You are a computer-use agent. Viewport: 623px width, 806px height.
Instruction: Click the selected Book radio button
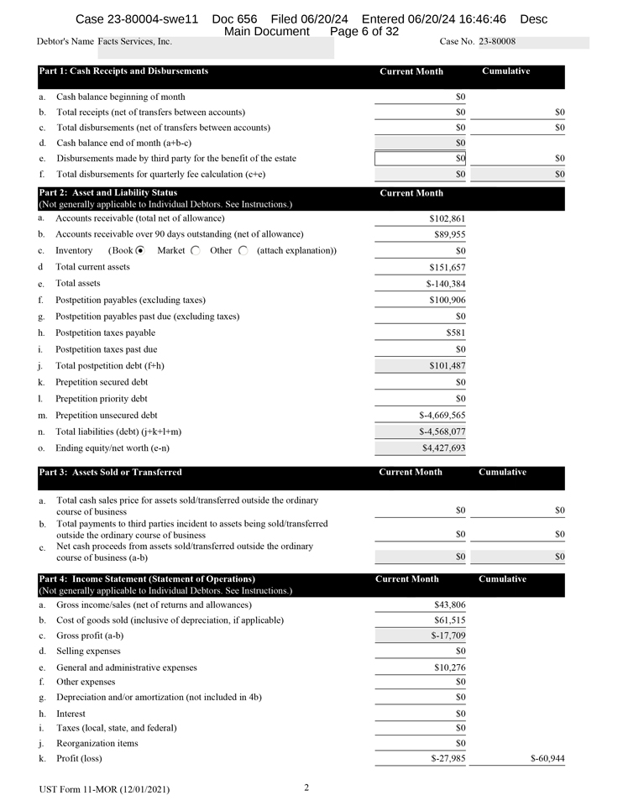tap(140, 250)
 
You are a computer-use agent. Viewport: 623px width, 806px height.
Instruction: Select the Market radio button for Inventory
tap(195, 250)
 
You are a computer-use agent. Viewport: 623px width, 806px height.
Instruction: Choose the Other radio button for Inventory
tap(243, 250)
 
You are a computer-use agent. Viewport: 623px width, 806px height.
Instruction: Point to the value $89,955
tap(450, 234)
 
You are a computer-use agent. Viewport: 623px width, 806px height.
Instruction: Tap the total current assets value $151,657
tap(447, 267)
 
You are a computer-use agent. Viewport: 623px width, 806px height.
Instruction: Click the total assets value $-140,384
tap(445, 284)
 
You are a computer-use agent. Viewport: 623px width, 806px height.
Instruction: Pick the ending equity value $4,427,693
tap(443, 448)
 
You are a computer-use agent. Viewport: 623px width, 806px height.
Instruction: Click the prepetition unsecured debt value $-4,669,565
tap(442, 415)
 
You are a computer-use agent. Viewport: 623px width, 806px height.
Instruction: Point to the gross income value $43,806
tap(450, 604)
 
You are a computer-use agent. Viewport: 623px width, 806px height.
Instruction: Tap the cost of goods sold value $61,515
tap(450, 620)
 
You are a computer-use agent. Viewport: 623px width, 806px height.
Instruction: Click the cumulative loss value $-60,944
tap(547, 759)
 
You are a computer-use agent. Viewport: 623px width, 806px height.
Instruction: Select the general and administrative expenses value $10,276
tap(450, 667)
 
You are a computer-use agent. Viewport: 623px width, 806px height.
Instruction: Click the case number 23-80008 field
tap(497, 42)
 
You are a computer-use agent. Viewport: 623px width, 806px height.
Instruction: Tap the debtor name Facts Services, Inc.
tap(135, 41)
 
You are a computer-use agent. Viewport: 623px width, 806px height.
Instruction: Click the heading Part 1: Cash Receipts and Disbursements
tap(123, 71)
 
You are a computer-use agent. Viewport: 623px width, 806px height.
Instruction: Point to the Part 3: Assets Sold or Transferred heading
tap(110, 473)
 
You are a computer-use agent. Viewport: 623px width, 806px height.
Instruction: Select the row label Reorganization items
tap(97, 743)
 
